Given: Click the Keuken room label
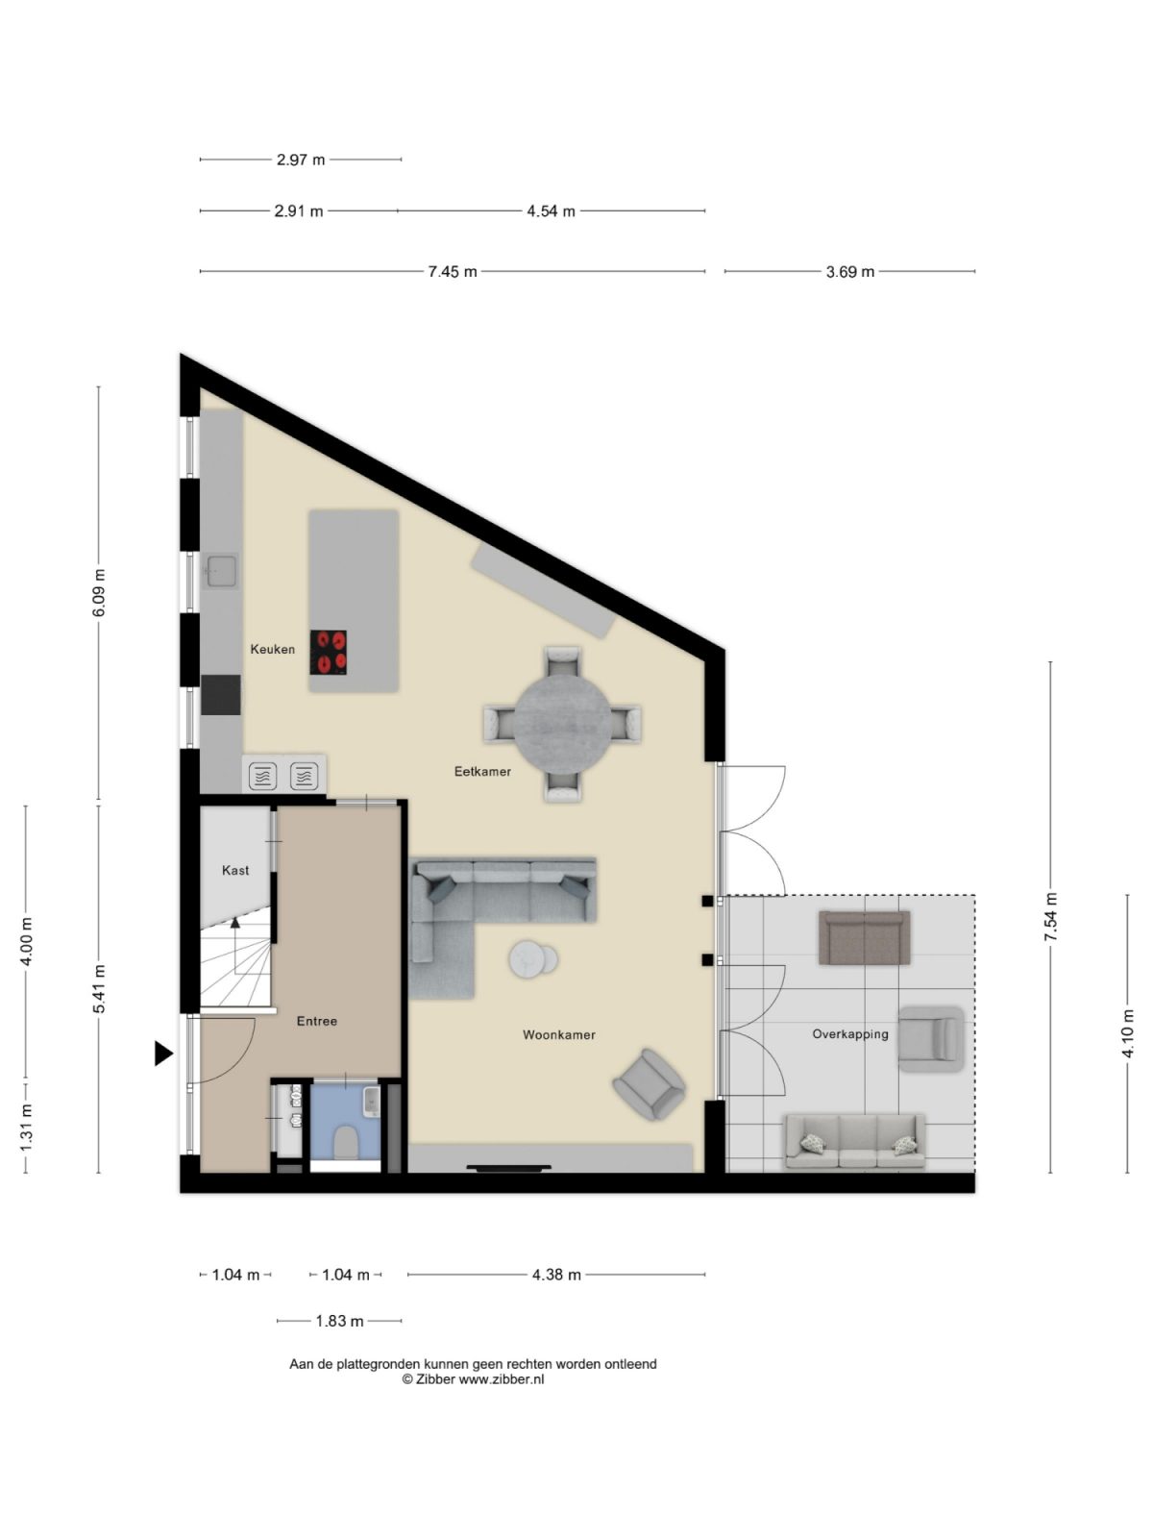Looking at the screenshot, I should tap(272, 649).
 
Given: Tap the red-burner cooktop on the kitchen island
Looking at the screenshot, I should tap(329, 651).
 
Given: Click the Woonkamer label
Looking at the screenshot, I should tap(558, 1035).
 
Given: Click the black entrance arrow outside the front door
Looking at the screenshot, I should tap(163, 1054).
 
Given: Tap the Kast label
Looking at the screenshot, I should tap(235, 870).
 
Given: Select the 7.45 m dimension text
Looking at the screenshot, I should tap(453, 272).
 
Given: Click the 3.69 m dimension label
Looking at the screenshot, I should tap(850, 272).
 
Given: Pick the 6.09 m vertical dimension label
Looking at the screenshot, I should tap(99, 594).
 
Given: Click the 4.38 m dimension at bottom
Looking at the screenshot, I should tap(556, 1276).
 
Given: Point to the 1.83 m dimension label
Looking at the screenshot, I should tap(339, 1322).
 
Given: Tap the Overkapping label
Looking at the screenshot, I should tap(849, 1034).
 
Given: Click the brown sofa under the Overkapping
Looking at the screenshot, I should tap(864, 938).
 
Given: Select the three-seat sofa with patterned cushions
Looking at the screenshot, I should tap(855, 1141).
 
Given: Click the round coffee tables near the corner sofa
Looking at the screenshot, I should tap(533, 957).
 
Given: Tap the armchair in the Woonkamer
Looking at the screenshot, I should tap(650, 1084).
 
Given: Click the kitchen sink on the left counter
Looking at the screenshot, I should tap(220, 571).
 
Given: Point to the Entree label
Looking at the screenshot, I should tap(316, 1021).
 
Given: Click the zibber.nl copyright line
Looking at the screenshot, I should tap(473, 1378).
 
